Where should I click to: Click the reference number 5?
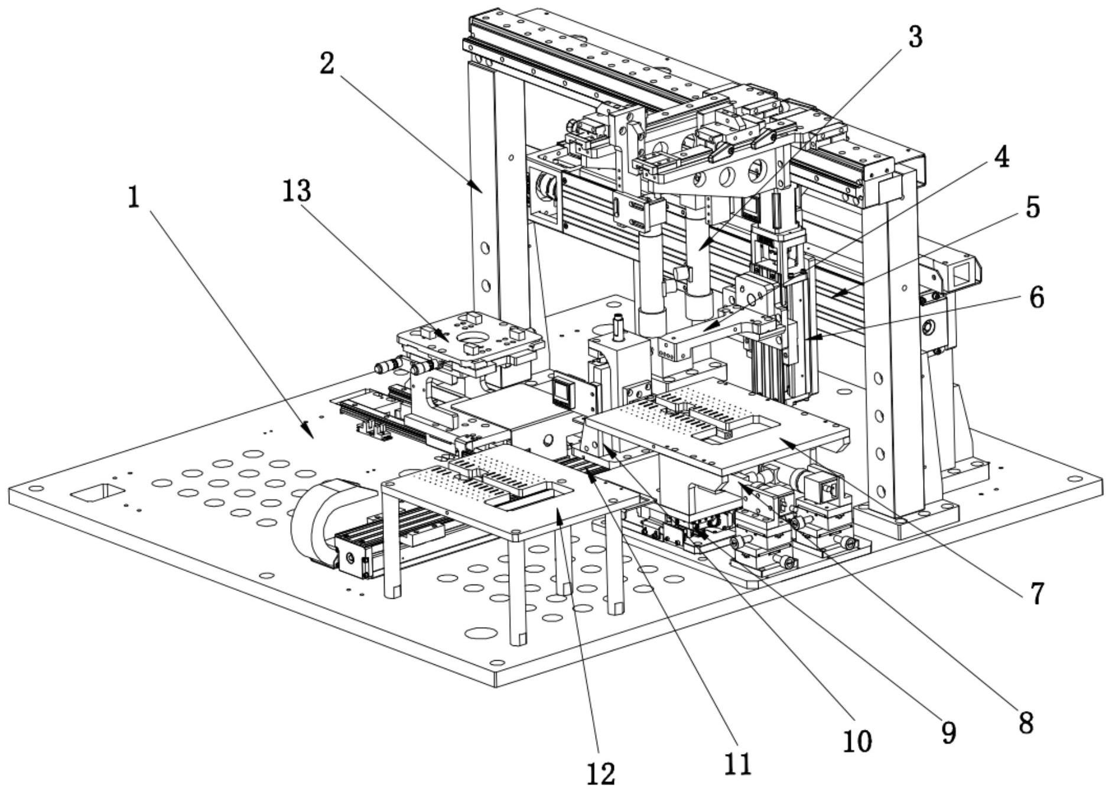point(1032,208)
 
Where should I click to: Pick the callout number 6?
point(1036,298)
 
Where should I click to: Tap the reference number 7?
point(1037,593)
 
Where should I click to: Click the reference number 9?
point(948,733)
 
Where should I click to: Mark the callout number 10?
point(857,740)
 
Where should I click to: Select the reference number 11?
point(737,764)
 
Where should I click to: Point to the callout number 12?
point(601,772)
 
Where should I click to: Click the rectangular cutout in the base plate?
point(97,492)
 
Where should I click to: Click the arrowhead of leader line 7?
point(784,440)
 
